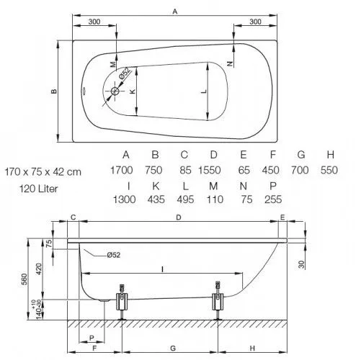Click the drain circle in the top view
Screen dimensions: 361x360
click(115, 91)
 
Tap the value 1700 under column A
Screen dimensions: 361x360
click(122, 170)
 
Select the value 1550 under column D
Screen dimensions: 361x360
click(210, 170)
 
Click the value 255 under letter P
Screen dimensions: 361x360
click(273, 199)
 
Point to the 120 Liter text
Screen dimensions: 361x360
click(38, 189)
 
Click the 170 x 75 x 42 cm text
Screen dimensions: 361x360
click(43, 172)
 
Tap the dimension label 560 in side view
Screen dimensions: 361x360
click(24, 279)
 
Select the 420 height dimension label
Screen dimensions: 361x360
click(39, 269)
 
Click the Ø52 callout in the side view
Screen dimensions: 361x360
click(114, 255)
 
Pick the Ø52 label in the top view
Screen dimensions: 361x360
click(125, 73)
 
